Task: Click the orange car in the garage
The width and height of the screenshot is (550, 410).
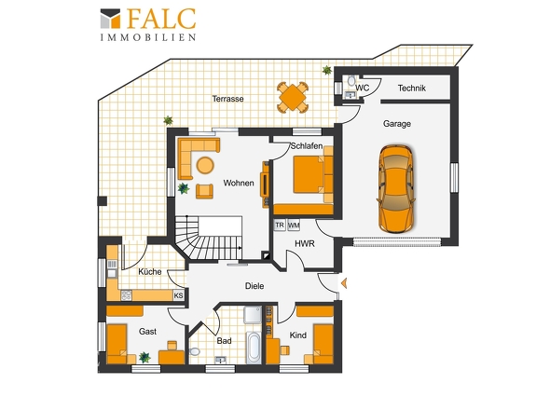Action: (x=395, y=188)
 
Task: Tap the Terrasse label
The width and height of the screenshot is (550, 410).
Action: (x=227, y=99)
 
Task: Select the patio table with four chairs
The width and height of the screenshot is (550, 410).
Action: (x=292, y=97)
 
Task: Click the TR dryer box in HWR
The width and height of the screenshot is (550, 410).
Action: (x=280, y=225)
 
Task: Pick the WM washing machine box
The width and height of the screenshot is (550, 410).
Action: (x=294, y=225)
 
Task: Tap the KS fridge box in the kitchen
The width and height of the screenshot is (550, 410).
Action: (x=179, y=295)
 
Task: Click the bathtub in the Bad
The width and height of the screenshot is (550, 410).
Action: (x=253, y=348)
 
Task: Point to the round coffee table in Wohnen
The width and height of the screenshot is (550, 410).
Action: (x=205, y=165)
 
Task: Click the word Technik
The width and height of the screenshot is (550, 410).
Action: (x=411, y=88)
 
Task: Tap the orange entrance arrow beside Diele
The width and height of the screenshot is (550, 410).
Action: (x=344, y=282)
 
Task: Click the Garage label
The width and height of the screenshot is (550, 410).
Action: (x=397, y=123)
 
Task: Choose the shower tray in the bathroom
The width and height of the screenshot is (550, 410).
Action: (x=253, y=315)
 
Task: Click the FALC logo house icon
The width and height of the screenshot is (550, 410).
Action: (x=111, y=19)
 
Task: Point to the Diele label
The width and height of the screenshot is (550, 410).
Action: (x=254, y=286)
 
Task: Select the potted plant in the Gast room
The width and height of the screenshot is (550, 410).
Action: (x=144, y=358)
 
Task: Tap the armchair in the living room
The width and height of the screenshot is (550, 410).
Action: (x=204, y=191)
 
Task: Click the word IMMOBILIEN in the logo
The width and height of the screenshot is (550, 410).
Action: (x=148, y=37)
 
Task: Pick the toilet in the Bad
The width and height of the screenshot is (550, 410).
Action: (x=194, y=351)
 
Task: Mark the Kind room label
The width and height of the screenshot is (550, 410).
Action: (x=297, y=335)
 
